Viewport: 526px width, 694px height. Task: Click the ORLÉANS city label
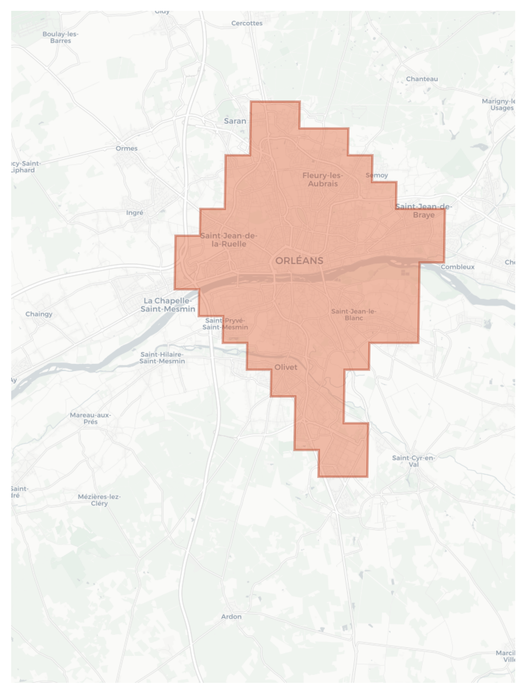(x=299, y=261)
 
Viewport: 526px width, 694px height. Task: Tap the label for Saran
(x=235, y=121)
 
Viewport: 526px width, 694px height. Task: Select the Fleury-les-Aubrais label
(x=323, y=180)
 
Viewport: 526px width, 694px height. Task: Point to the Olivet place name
(x=286, y=367)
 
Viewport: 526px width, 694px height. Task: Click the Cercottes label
(x=247, y=23)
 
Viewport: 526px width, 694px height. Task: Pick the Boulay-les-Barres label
(x=60, y=37)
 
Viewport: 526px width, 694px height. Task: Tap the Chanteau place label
(x=422, y=79)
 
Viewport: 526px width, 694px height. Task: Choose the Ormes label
(x=126, y=148)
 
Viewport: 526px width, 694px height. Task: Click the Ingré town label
(x=135, y=212)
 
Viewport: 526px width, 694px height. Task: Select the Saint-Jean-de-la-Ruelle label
(x=229, y=240)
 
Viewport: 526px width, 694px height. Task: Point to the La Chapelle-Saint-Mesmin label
(x=168, y=305)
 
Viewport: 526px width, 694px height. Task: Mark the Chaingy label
(x=39, y=314)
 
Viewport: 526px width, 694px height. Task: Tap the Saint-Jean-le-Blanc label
(x=354, y=314)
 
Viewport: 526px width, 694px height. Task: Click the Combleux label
(x=457, y=267)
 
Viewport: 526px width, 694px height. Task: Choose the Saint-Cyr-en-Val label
(x=414, y=461)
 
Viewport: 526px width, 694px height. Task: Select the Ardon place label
(x=231, y=616)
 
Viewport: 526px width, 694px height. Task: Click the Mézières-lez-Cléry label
(x=99, y=500)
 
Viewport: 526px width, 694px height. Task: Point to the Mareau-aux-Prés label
(x=90, y=418)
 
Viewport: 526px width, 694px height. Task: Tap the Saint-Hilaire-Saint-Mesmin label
(x=162, y=358)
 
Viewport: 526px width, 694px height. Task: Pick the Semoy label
(x=377, y=175)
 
